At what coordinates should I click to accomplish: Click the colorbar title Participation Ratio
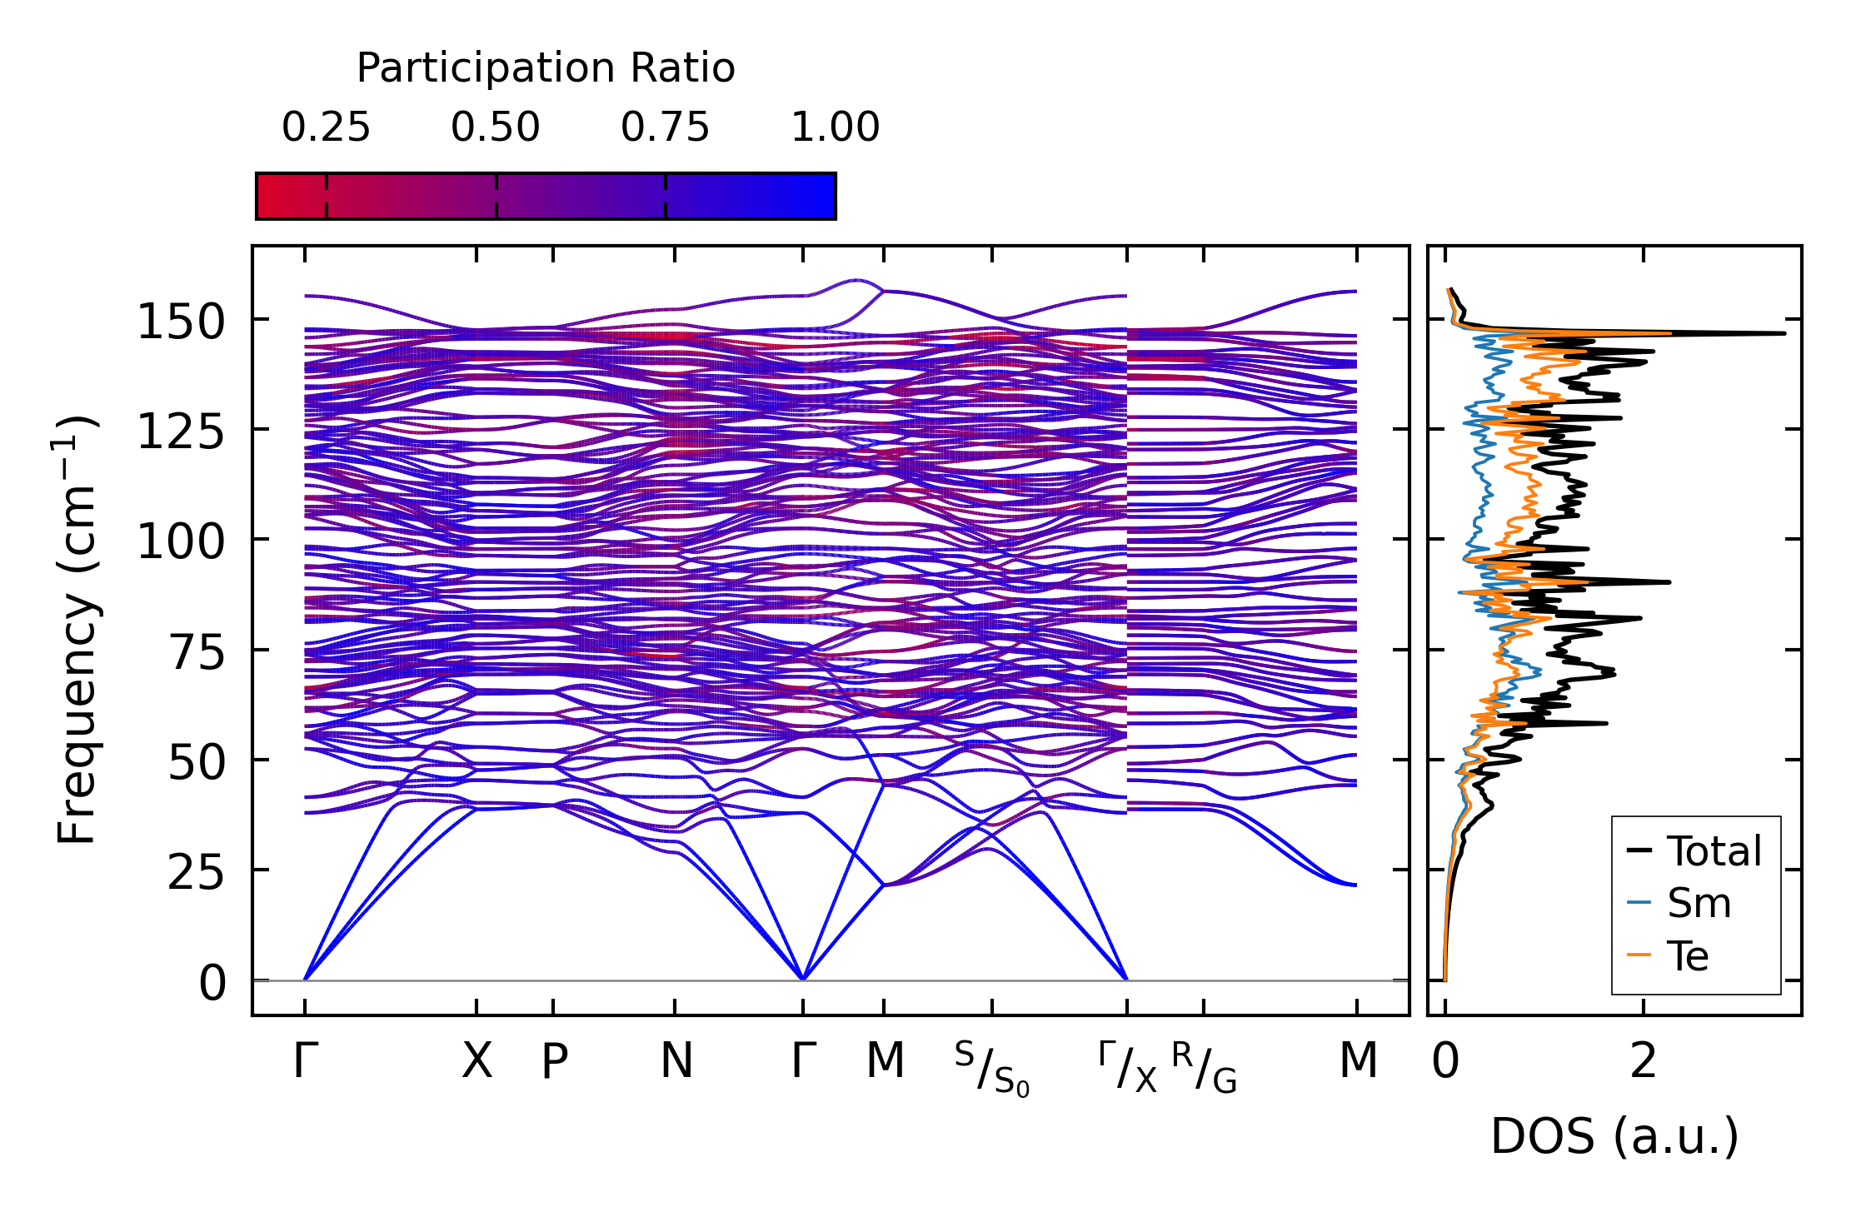point(546,68)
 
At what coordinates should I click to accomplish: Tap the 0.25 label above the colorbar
point(326,127)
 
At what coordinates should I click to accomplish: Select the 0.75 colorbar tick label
point(665,127)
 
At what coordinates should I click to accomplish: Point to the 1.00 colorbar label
point(835,127)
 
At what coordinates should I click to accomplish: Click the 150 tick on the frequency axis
point(181,322)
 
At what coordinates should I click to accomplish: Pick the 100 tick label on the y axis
point(181,542)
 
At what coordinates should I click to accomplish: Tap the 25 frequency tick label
point(197,873)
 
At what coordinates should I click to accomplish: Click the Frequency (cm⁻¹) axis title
point(77,630)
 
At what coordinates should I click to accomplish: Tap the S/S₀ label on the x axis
point(991,1069)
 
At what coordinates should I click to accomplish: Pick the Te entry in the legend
point(1688,955)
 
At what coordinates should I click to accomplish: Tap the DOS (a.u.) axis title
point(1614,1136)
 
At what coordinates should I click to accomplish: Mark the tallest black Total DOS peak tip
point(1784,333)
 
